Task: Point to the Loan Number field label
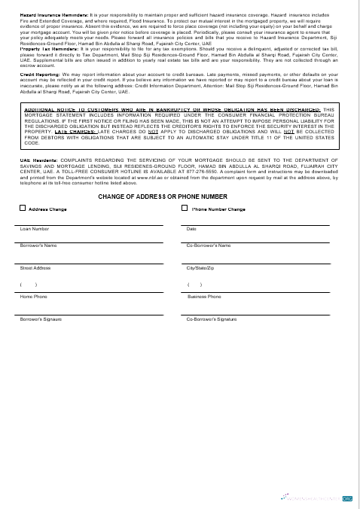35,228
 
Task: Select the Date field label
191,228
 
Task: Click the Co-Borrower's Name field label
208,245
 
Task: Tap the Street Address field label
35,268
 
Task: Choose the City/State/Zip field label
200,268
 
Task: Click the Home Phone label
33,297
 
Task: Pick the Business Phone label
203,297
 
